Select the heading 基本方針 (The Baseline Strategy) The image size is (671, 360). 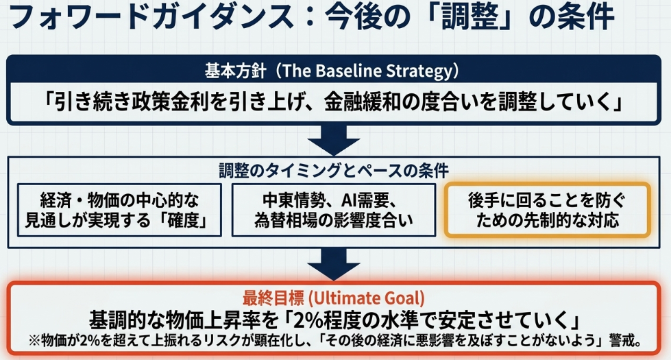(332, 71)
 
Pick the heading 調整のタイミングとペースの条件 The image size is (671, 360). (333, 170)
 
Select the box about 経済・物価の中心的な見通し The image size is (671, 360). (119, 211)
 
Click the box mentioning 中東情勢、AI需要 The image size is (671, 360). (333, 211)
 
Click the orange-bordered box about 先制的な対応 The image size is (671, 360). (548, 210)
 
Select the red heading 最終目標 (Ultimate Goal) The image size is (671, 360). (333, 298)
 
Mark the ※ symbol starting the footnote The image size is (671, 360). (34, 341)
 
